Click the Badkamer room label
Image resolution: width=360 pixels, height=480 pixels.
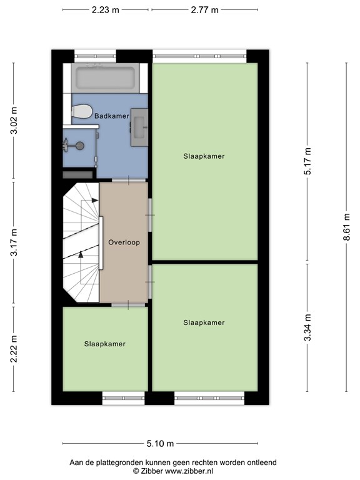click(x=111, y=116)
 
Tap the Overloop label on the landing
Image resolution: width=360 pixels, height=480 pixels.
click(x=124, y=242)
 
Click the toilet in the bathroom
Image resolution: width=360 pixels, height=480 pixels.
click(x=82, y=111)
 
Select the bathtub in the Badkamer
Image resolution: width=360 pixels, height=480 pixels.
click(x=106, y=78)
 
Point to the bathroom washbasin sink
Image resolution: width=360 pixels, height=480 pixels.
click(x=139, y=127)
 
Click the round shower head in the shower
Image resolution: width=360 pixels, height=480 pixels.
click(x=80, y=146)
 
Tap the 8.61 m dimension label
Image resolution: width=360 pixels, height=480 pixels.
click(x=346, y=227)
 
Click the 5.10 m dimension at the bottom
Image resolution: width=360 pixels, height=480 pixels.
click(x=160, y=443)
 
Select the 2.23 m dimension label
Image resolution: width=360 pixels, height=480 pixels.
click(x=105, y=10)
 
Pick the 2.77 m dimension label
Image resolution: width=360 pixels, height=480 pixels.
click(x=204, y=10)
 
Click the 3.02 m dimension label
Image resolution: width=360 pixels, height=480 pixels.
click(x=14, y=120)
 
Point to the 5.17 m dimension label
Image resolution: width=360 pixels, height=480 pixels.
click(x=307, y=161)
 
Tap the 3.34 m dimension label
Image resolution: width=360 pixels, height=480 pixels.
click(x=307, y=327)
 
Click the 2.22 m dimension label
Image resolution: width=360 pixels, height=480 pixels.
click(x=14, y=349)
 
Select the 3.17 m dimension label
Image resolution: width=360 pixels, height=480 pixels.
click(x=14, y=242)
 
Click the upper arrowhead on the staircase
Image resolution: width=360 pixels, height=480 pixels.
click(x=95, y=201)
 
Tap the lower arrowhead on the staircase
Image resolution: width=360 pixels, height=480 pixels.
click(x=81, y=254)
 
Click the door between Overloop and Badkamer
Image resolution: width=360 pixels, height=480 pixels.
click(x=129, y=180)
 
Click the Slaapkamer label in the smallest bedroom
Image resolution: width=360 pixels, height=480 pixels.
click(x=105, y=344)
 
